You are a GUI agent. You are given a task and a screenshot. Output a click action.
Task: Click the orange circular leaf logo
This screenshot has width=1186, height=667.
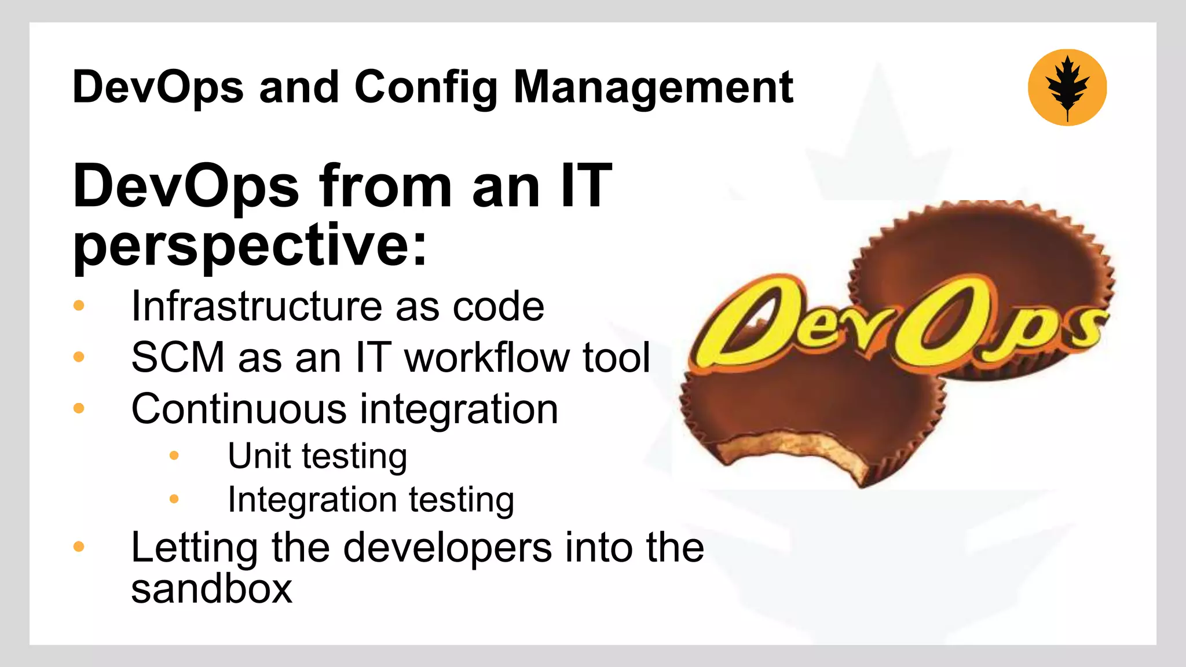(1067, 87)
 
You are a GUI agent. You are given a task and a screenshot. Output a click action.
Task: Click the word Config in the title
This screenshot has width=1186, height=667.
(426, 87)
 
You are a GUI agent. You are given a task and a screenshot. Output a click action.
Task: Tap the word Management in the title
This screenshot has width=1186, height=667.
(653, 87)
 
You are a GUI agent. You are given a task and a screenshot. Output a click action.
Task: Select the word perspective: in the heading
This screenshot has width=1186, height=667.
(250, 245)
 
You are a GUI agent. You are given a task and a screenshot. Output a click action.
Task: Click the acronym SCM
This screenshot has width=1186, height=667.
(178, 357)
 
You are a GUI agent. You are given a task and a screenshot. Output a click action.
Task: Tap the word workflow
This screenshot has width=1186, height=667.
(487, 357)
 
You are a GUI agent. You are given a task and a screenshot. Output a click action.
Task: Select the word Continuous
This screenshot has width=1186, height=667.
(239, 409)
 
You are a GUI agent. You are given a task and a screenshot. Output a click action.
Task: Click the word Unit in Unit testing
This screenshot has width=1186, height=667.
(259, 456)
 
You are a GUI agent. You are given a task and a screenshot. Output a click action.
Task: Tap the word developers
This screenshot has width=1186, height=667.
(447, 547)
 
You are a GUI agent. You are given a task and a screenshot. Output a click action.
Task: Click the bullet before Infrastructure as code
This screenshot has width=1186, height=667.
(79, 306)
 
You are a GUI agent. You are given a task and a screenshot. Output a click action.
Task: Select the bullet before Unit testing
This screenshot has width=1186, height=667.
(174, 456)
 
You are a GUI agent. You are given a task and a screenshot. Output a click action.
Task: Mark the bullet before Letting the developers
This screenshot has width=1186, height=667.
(79, 547)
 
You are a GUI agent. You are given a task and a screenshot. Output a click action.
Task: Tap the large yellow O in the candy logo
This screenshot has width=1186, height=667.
(938, 324)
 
